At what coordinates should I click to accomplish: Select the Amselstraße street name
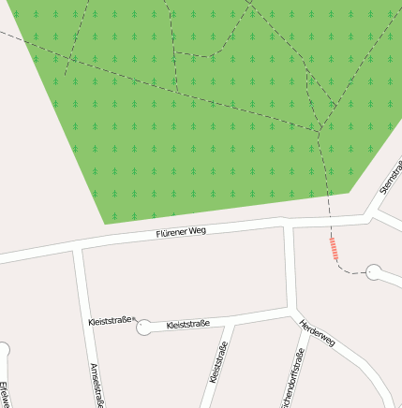click(x=95, y=385)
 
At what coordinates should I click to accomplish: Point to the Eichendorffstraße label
click(x=291, y=379)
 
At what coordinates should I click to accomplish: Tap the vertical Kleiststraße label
click(x=220, y=364)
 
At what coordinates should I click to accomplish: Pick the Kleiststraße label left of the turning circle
click(x=110, y=320)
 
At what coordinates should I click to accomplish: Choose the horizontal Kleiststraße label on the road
click(x=187, y=325)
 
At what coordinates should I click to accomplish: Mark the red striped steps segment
click(x=333, y=247)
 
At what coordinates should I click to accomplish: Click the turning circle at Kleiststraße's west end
click(x=142, y=328)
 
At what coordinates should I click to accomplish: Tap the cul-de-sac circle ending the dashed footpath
click(x=373, y=272)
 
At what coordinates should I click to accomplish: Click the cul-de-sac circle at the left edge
click(x=2, y=351)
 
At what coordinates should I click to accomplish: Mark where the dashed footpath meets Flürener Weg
click(x=330, y=222)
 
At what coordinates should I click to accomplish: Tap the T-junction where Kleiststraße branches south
click(x=231, y=323)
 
